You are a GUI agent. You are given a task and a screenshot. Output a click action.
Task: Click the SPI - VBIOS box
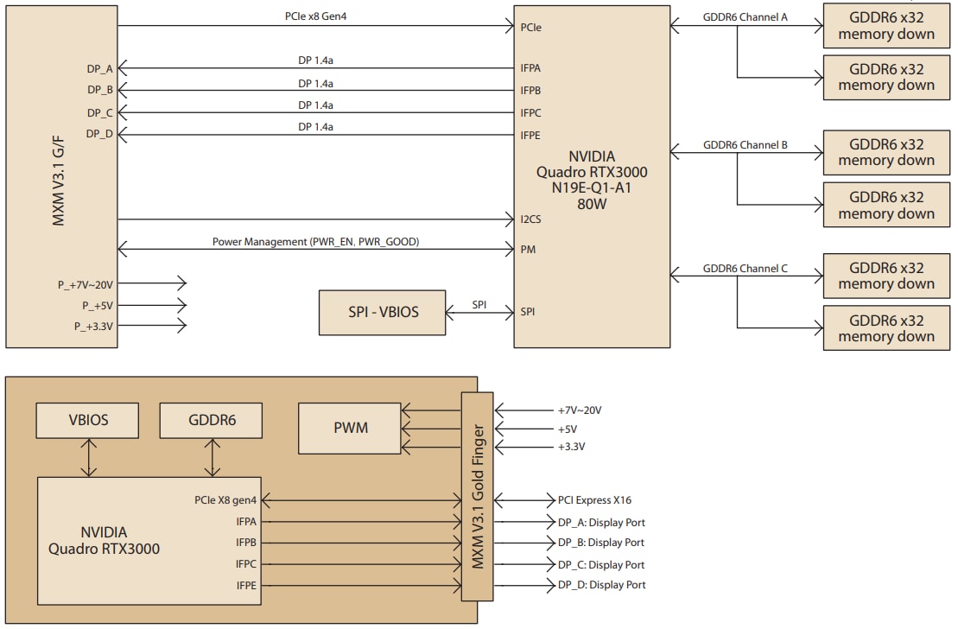point(384,311)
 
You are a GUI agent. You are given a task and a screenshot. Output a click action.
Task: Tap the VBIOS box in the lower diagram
point(87,420)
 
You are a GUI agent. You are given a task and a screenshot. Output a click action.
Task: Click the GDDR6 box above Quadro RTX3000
point(211,420)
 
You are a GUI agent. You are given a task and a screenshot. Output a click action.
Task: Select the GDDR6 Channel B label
point(745,145)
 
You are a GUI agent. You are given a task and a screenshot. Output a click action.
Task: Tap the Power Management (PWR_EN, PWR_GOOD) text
point(315,242)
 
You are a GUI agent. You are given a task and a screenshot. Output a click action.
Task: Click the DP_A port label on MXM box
point(100,67)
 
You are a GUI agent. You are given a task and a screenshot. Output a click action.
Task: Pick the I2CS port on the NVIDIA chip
point(531,219)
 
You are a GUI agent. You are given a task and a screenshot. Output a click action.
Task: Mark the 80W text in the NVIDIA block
point(592,206)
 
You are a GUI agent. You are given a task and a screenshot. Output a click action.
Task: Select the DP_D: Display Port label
point(601,586)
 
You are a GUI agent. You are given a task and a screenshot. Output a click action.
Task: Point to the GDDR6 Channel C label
point(745,269)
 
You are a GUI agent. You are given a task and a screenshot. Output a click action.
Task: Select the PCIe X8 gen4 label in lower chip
point(225,500)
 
